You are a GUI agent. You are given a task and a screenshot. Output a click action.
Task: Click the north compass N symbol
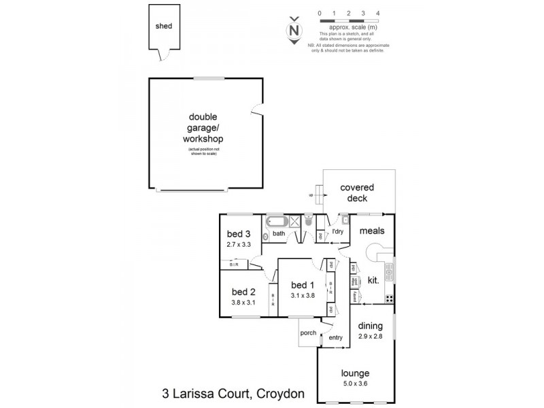(294, 31)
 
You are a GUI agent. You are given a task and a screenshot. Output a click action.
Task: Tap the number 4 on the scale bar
(377, 14)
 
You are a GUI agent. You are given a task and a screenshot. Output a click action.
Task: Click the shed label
(164, 27)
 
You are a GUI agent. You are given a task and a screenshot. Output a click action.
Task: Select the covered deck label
(358, 192)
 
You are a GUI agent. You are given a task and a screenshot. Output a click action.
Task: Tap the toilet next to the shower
(308, 220)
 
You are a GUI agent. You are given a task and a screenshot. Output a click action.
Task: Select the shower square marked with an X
(295, 220)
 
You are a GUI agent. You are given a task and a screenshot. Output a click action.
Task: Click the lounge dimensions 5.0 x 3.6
(356, 384)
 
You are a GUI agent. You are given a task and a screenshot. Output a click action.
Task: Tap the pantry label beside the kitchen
(354, 296)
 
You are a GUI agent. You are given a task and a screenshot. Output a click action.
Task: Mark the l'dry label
(337, 231)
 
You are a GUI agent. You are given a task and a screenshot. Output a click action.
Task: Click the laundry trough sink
(345, 219)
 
